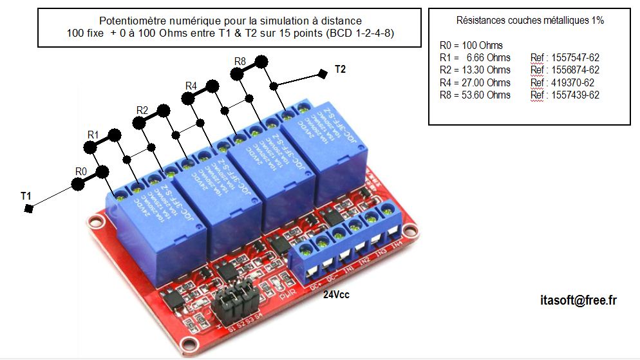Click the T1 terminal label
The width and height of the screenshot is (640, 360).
[x=26, y=194]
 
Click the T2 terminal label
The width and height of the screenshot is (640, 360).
[x=341, y=70]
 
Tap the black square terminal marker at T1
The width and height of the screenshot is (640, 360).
[x=28, y=209]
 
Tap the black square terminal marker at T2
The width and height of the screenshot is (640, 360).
[x=322, y=74]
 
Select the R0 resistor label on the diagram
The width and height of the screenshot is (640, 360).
[x=80, y=171]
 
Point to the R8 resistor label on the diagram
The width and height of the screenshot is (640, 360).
[x=240, y=61]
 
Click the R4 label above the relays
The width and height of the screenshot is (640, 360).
[x=191, y=86]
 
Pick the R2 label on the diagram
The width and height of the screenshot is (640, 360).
[x=142, y=111]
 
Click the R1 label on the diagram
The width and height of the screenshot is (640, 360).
[x=93, y=134]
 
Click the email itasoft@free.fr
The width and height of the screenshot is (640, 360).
[x=579, y=300]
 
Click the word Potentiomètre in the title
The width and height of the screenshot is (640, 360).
[x=132, y=21]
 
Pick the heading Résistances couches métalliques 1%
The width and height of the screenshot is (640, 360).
[x=530, y=21]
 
